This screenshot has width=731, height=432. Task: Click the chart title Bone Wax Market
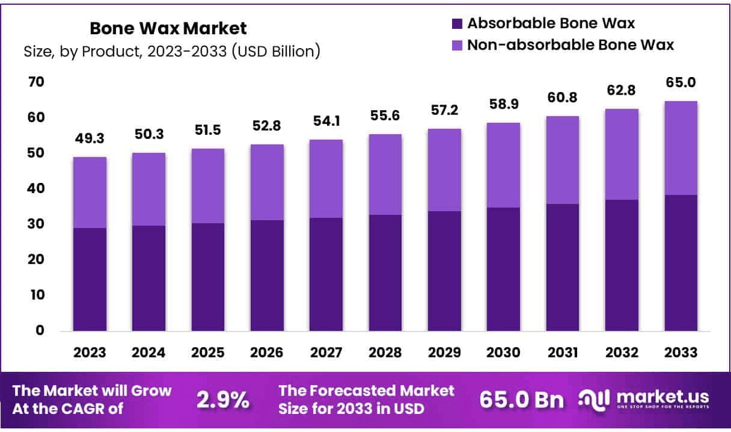point(168,28)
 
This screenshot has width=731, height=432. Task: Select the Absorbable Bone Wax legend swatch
point(456,24)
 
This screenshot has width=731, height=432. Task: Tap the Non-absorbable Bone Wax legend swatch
point(456,45)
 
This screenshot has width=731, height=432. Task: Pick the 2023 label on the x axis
point(90,353)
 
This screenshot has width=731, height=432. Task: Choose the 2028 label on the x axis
point(385,353)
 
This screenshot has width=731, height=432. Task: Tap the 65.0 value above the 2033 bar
point(681,82)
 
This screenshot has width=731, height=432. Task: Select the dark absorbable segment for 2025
point(208,277)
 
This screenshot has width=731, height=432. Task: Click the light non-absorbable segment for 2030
point(503,165)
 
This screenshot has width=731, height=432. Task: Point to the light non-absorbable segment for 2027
point(326,179)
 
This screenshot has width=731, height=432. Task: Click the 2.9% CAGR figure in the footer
point(223,400)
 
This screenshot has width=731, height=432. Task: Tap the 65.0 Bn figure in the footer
point(522,400)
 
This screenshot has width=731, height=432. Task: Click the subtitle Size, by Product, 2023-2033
point(172,52)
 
